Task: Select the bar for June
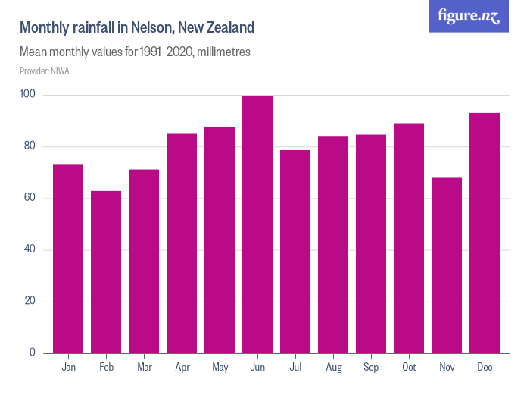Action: tap(257, 224)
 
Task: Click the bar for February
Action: tap(106, 272)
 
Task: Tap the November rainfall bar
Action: tap(447, 265)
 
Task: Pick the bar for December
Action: tap(485, 233)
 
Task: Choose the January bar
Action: tap(68, 259)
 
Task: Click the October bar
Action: tap(409, 238)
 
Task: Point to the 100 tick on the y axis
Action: tap(29, 95)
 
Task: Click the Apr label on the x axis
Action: tap(182, 368)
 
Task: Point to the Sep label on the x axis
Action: tap(371, 368)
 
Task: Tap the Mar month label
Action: tap(144, 368)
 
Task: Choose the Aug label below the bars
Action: tap(333, 368)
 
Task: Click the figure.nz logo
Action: tap(469, 16)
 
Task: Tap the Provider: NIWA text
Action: tap(44, 71)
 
